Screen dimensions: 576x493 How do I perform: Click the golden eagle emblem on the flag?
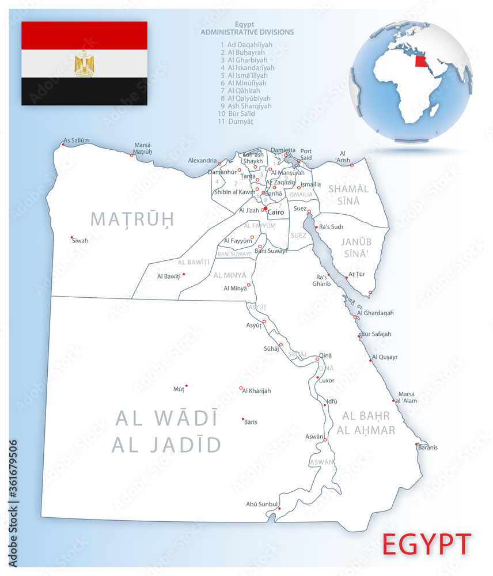pos(84,63)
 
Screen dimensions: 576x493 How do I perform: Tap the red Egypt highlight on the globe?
pos(421,60)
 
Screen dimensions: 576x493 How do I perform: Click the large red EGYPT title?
pos(427,544)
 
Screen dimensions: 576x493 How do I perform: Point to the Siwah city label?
pos(80,240)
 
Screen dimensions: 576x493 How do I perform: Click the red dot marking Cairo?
pos(266,209)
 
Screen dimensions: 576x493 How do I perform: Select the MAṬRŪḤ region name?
pos(132,219)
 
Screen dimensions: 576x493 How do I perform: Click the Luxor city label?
pos(327,381)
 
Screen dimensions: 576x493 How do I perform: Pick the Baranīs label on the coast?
pos(427,448)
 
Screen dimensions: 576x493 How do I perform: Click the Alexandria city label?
pos(202,161)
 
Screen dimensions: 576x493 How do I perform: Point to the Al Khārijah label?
pos(256,391)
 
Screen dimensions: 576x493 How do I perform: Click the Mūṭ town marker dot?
pos(186,386)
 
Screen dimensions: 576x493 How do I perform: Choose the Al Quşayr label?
pos(385,357)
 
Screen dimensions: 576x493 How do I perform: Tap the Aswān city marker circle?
pos(325,441)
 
